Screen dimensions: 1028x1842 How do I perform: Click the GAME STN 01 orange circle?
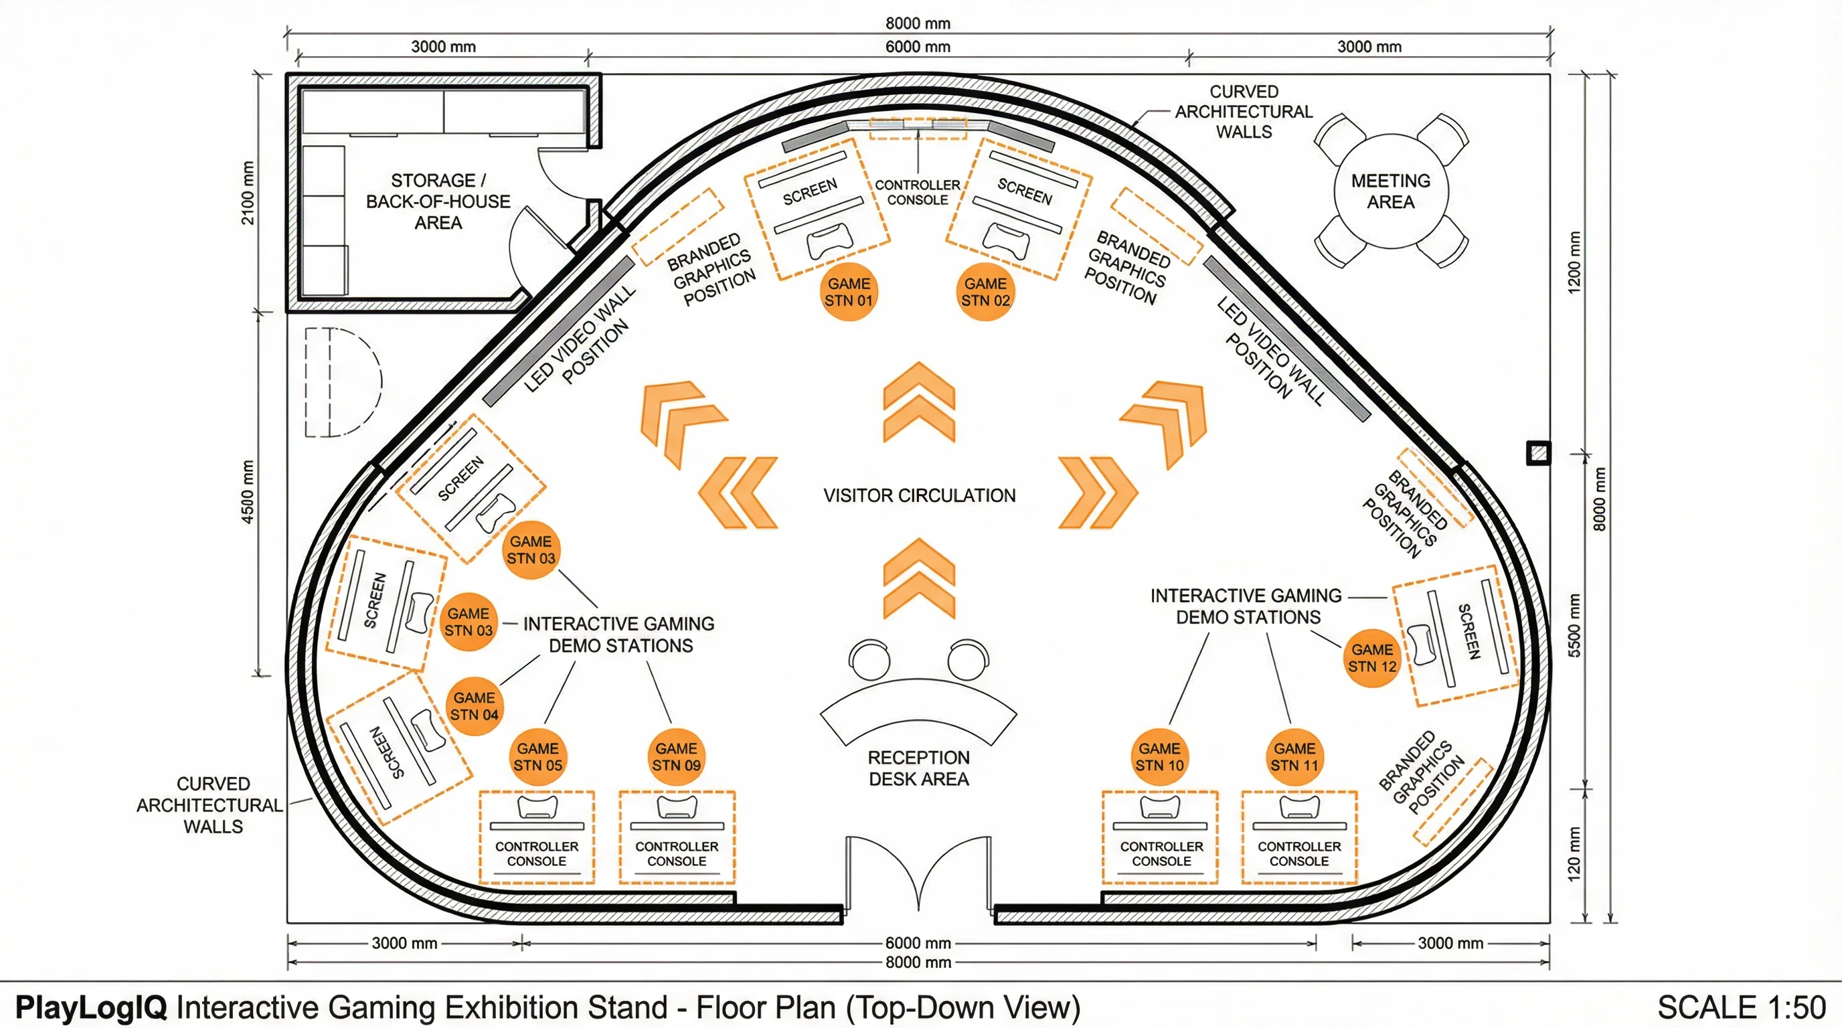pyautogui.click(x=849, y=292)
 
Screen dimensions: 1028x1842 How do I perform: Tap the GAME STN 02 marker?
pyautogui.click(x=985, y=292)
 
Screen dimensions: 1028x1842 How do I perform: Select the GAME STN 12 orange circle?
pyautogui.click(x=1371, y=658)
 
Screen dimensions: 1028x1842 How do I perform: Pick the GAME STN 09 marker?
pyautogui.click(x=676, y=757)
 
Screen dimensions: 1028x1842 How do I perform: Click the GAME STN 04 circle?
pyautogui.click(x=474, y=705)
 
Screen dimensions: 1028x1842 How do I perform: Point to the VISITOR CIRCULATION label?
pyautogui.click(x=919, y=495)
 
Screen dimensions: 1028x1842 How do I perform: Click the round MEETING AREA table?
pyautogui.click(x=1391, y=191)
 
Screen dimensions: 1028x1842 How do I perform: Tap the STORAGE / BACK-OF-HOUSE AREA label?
pyautogui.click(x=438, y=201)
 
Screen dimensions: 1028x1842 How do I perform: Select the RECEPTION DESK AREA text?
pyautogui.click(x=919, y=768)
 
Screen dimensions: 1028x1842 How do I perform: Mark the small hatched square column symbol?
pyautogui.click(x=1538, y=452)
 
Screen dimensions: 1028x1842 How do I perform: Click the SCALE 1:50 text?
pyautogui.click(x=1741, y=1007)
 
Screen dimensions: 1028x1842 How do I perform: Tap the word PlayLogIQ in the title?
pyautogui.click(x=91, y=1007)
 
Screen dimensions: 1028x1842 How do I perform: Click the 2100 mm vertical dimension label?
pyautogui.click(x=248, y=192)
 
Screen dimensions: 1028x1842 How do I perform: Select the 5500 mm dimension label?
pyautogui.click(x=1574, y=625)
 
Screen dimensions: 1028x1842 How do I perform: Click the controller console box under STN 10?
pyautogui.click(x=1160, y=837)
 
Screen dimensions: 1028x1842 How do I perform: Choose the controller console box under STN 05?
pyautogui.click(x=536, y=837)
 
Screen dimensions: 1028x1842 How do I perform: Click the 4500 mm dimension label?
pyautogui.click(x=248, y=492)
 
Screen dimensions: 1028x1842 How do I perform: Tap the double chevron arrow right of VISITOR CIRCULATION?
pyautogui.click(x=1098, y=493)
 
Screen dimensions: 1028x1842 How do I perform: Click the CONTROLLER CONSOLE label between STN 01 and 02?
pyautogui.click(x=918, y=192)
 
